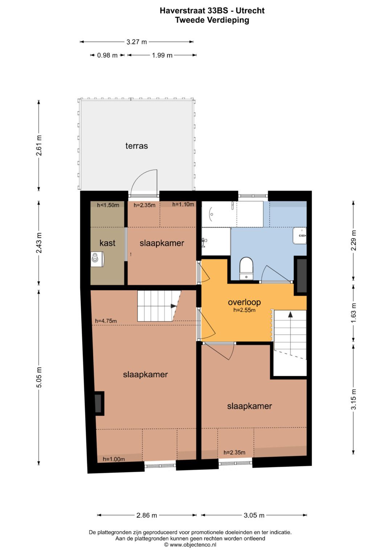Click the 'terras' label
(136, 146)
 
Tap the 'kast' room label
(107, 243)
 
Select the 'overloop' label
(244, 302)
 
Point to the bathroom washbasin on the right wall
(300, 236)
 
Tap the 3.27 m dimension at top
(136, 42)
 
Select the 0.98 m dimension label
(107, 55)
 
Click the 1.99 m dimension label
(162, 55)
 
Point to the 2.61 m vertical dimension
(39, 145)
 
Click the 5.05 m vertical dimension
(39, 377)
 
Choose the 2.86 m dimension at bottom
(147, 515)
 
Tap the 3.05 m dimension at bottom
(254, 515)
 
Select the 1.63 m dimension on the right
(354, 313)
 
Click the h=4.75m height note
(106, 321)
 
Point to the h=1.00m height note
(114, 459)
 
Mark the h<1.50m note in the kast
(108, 205)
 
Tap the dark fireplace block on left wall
(98, 403)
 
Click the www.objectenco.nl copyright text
(190, 544)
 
